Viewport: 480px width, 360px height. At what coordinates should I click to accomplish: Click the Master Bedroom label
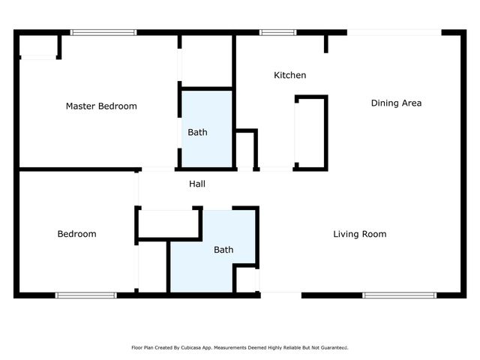coord(101,106)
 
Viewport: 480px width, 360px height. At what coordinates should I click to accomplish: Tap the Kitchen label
coord(289,75)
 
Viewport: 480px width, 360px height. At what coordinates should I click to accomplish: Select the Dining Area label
coord(396,103)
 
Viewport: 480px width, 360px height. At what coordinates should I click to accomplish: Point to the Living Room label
coord(360,234)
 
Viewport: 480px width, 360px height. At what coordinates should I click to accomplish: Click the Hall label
coord(197,184)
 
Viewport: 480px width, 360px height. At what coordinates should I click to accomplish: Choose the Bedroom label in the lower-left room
coord(76,234)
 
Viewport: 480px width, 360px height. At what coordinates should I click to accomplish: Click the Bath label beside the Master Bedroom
coord(197,132)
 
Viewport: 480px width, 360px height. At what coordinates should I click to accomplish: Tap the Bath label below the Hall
coord(223,250)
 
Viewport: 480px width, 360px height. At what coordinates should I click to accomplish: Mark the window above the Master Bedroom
coord(103,32)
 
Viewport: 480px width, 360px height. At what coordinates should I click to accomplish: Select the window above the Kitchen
coord(277,32)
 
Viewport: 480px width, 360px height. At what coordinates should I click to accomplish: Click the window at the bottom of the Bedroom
coord(86,295)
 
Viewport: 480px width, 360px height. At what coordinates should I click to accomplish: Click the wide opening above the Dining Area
coord(394,32)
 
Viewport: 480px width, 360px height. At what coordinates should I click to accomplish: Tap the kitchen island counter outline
coord(311,132)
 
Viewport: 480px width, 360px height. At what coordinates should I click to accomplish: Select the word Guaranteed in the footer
coord(334,348)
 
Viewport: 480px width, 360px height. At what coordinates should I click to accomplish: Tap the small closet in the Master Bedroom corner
coord(37,46)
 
